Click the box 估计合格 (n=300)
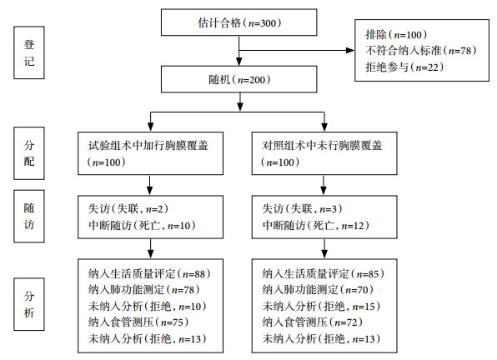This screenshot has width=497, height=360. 239,22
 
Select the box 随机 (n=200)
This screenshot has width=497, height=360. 239,79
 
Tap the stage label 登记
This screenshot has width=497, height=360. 29,52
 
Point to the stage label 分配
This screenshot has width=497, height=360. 29,153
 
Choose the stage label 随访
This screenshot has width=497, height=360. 29,217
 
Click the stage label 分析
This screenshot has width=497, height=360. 29,304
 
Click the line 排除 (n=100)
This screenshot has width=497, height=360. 396,34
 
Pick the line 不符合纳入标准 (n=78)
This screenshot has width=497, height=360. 420,50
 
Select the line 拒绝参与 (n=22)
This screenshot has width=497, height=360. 404,67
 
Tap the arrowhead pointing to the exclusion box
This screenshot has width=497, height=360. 350,50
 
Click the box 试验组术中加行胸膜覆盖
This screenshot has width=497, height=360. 151,153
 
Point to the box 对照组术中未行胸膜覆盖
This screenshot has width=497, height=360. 324,153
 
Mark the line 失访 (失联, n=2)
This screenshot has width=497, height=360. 128,208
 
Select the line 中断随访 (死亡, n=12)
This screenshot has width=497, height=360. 316,226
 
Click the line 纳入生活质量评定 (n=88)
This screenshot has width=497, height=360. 149,273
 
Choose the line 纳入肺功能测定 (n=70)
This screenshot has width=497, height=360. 318,289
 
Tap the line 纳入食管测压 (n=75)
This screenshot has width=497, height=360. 138,322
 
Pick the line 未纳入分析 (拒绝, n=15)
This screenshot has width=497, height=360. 321,306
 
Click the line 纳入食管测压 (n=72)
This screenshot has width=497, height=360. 312,322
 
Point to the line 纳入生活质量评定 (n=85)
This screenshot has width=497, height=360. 323,273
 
